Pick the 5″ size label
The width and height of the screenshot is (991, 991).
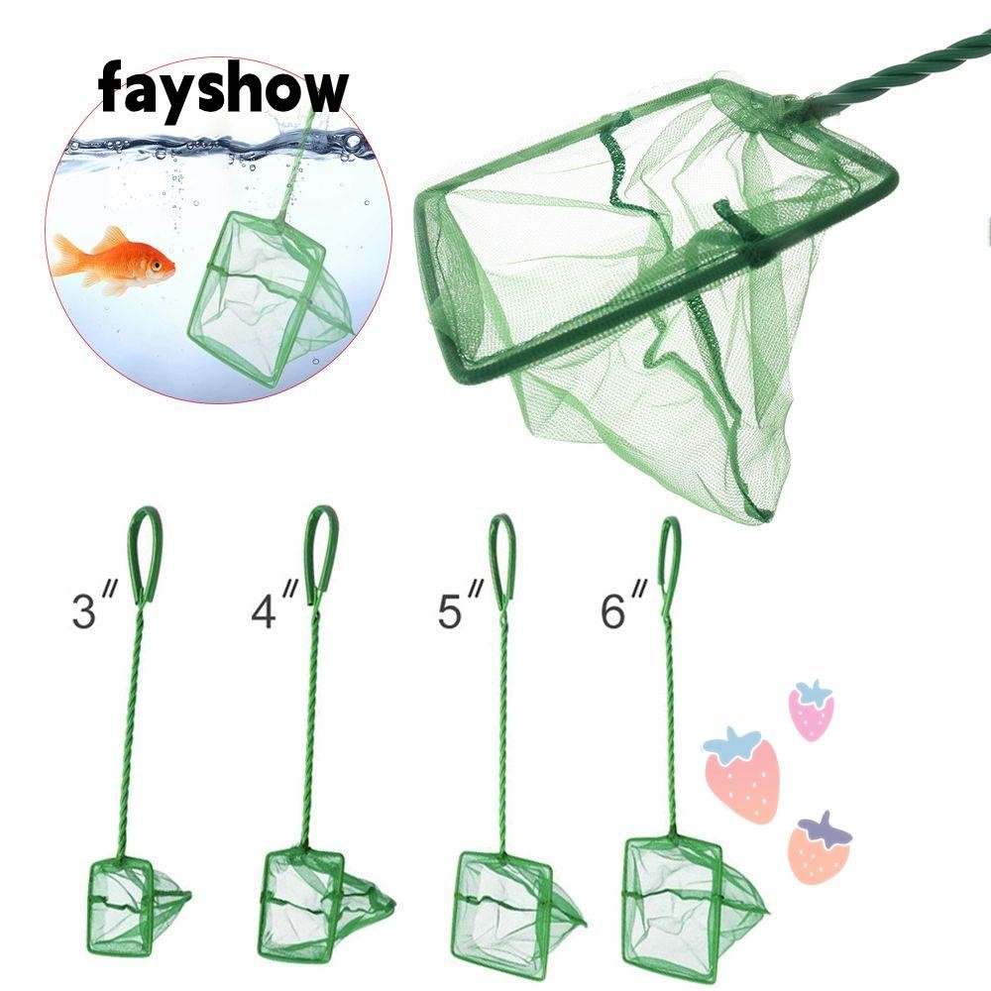coord(460,605)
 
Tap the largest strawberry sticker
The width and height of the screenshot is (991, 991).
coord(741,776)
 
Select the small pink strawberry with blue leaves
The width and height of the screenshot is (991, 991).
coord(811,711)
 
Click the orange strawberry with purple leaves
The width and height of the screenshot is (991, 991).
coord(820,848)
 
